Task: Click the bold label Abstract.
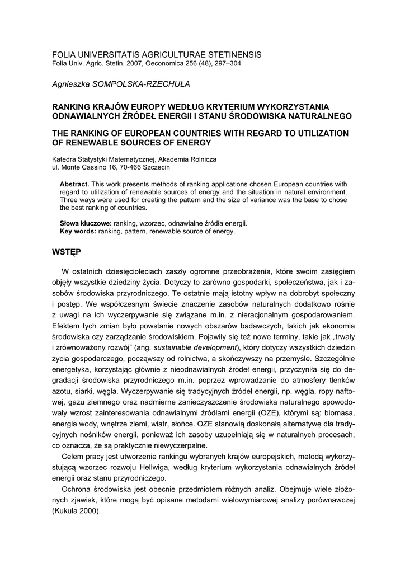pyautogui.click(x=74, y=184)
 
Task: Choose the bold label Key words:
pyautogui.click(x=78, y=231)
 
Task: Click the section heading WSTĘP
pyautogui.click(x=66, y=252)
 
